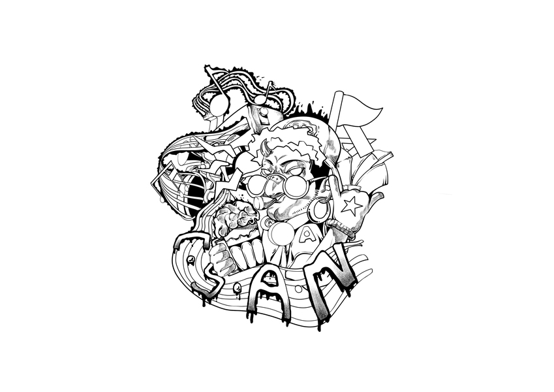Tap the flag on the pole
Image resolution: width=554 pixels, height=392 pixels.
click(x=362, y=112)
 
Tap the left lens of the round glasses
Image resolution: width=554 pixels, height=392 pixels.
click(x=258, y=186)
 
